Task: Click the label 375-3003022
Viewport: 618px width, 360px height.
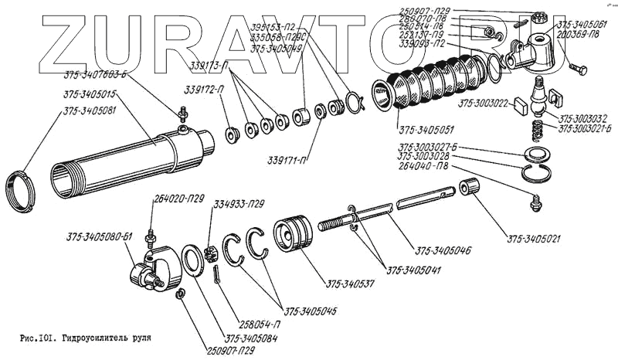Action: (x=484, y=102)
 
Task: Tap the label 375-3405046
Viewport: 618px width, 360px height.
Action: (x=443, y=251)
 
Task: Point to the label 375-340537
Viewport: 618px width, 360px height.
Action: (x=348, y=284)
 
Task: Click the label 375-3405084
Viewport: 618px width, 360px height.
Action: (x=252, y=337)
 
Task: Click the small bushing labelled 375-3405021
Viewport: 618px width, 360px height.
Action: (x=468, y=188)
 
